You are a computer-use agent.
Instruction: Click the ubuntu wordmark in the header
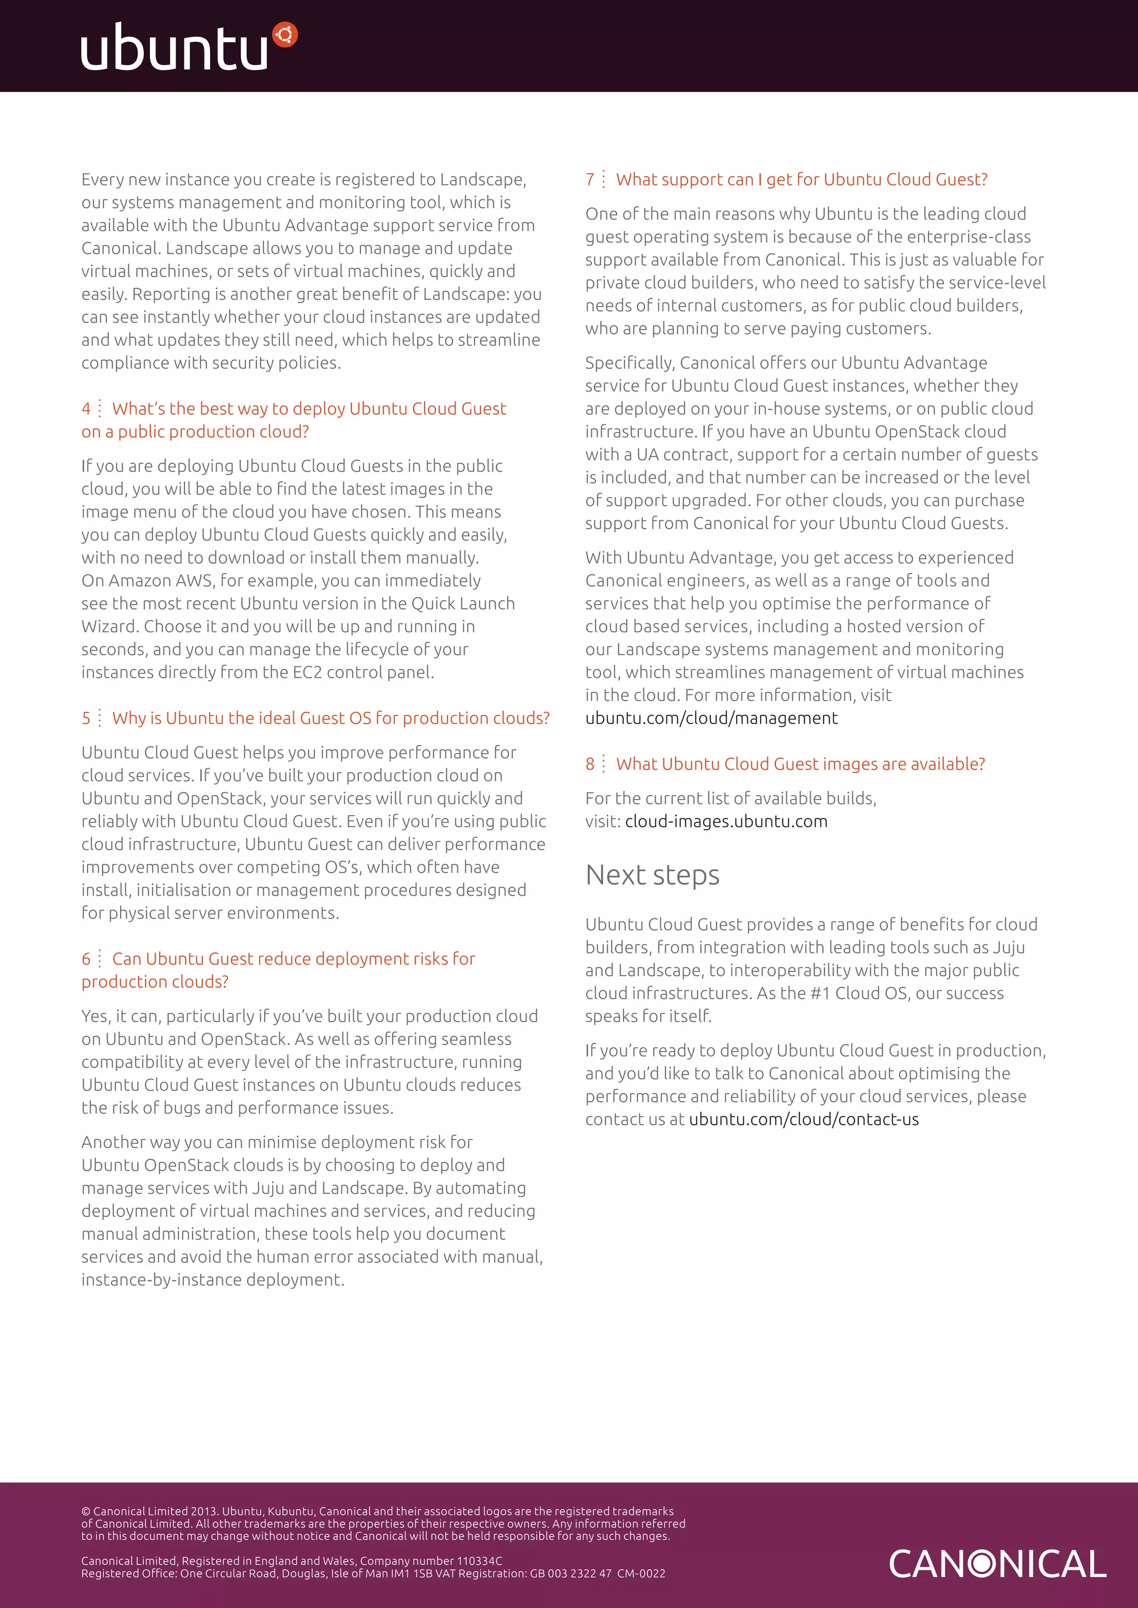(x=174, y=48)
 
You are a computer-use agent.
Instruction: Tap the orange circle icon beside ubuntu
(x=285, y=34)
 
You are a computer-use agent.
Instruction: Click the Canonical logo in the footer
(x=997, y=1564)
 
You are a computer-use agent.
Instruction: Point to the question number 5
(x=86, y=718)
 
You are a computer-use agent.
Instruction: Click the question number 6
(x=86, y=959)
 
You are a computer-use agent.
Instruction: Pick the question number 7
(x=590, y=180)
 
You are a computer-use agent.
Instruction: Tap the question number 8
(x=590, y=765)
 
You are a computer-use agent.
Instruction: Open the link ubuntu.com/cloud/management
(x=711, y=718)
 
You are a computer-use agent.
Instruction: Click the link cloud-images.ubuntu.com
(x=726, y=822)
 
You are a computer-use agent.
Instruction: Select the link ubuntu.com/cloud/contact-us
(x=803, y=1120)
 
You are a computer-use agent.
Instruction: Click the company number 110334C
(x=480, y=1561)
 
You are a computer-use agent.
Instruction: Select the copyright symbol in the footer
(x=86, y=1511)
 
